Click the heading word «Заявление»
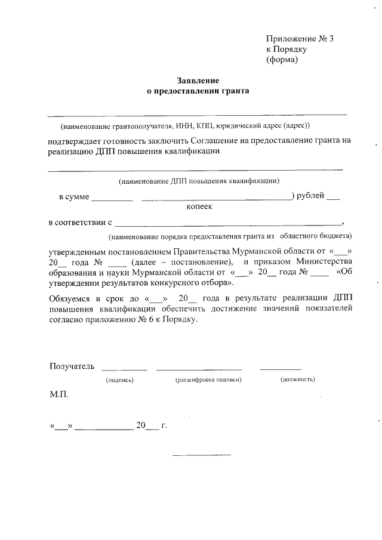(x=198, y=81)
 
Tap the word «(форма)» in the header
(x=282, y=60)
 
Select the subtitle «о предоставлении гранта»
(x=198, y=91)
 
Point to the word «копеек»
(x=199, y=206)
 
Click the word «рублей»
(x=310, y=195)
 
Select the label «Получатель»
(x=72, y=366)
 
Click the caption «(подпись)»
(x=119, y=379)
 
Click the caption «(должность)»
(x=297, y=379)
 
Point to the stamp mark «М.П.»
(x=59, y=394)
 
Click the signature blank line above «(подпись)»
(x=125, y=369)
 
